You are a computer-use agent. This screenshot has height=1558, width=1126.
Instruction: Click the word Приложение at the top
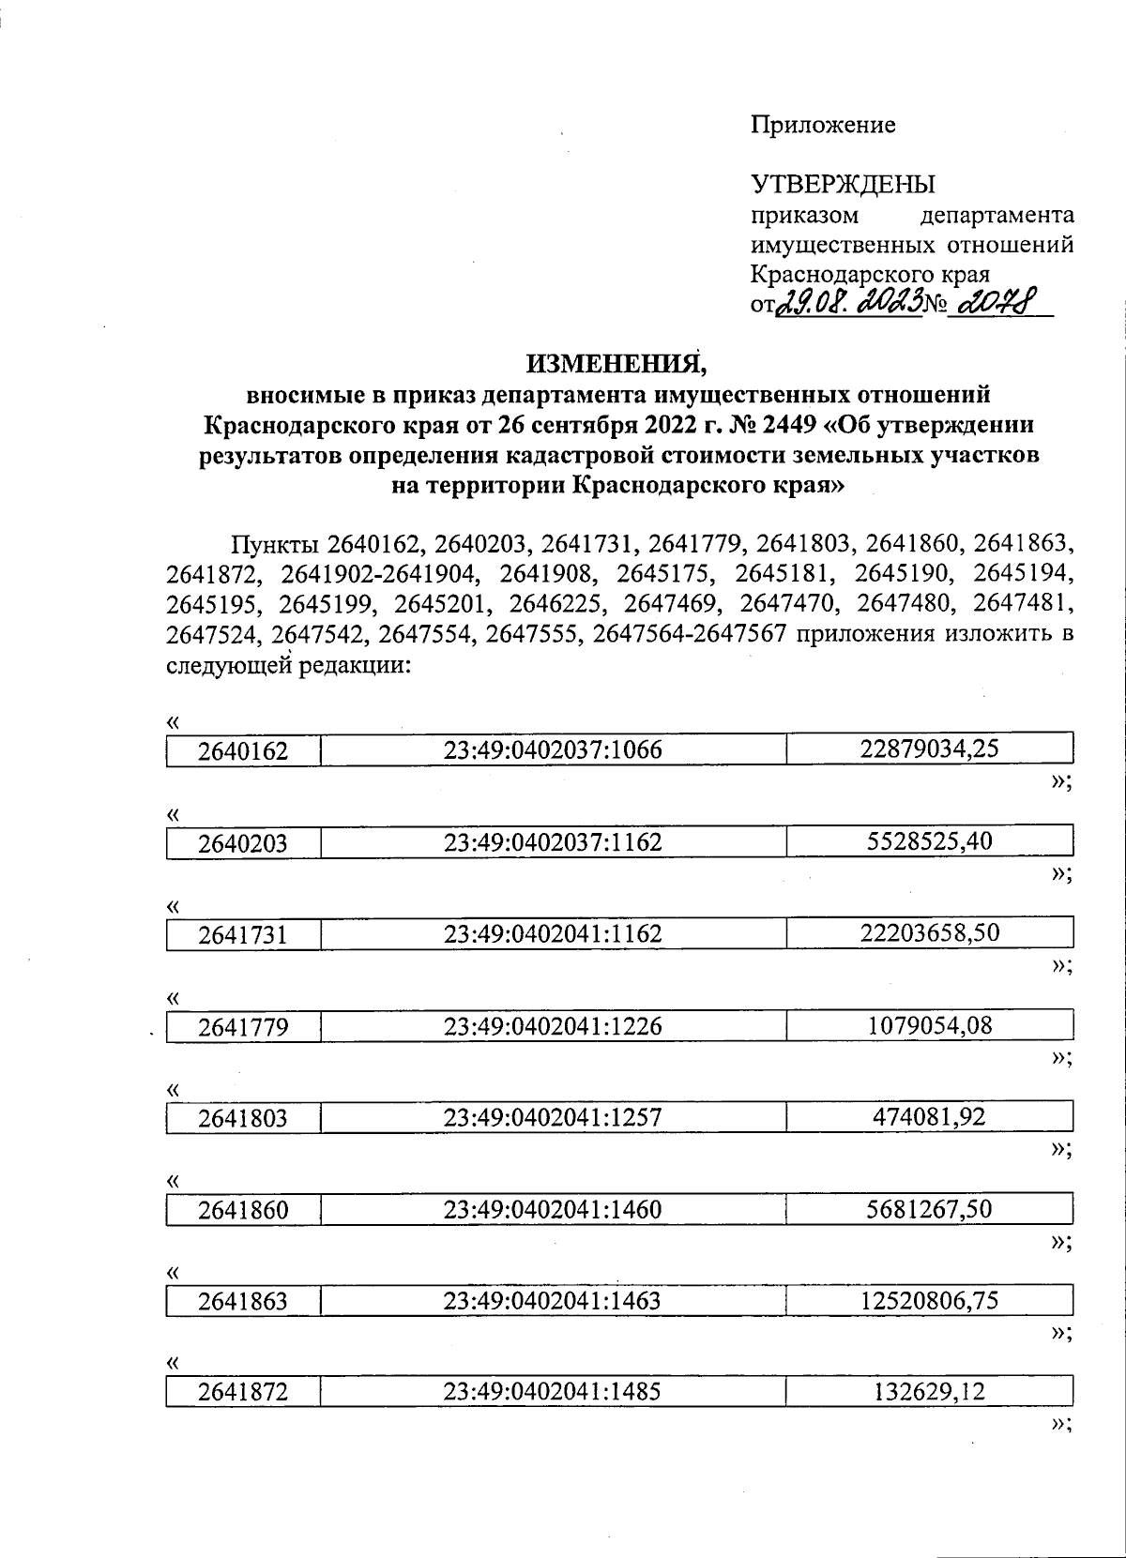pyautogui.click(x=823, y=125)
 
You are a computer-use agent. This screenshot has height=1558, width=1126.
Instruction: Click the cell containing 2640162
pyautogui.click(x=243, y=750)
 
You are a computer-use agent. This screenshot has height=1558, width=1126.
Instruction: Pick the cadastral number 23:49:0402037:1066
pyautogui.click(x=553, y=749)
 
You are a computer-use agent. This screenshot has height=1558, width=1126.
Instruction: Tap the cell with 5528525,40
pyautogui.click(x=928, y=840)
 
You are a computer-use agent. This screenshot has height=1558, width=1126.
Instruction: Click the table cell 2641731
pyautogui.click(x=243, y=934)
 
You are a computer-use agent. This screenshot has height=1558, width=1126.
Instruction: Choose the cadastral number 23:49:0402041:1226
pyautogui.click(x=553, y=1025)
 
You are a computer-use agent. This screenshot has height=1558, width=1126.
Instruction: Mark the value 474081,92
pyautogui.click(x=928, y=1116)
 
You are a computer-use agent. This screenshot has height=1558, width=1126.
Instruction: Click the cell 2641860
pyautogui.click(x=243, y=1210)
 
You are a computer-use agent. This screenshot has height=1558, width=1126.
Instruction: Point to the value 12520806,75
pyautogui.click(x=928, y=1300)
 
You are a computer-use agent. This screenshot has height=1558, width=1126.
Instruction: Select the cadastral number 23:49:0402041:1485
pyautogui.click(x=553, y=1392)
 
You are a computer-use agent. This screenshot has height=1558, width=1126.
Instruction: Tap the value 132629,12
pyautogui.click(x=928, y=1391)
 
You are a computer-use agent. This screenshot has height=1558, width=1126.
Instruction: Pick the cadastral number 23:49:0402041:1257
pyautogui.click(x=553, y=1117)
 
